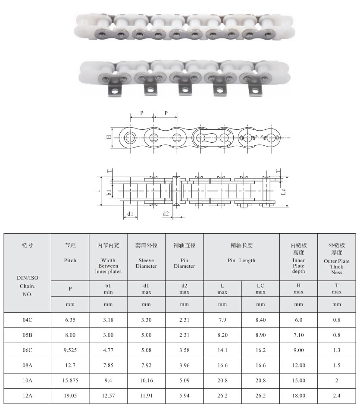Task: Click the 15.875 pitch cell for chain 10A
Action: [x=70, y=381]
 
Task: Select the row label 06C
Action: [x=27, y=350]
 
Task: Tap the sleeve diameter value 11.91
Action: [x=146, y=396]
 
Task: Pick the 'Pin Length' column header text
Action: [x=241, y=260]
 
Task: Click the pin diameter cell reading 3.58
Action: [x=184, y=350]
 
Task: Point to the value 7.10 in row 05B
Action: [x=298, y=335]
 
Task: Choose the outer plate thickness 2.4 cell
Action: [x=337, y=396]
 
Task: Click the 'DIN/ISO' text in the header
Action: [x=27, y=278]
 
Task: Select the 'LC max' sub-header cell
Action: [x=260, y=288]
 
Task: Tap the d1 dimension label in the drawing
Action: [x=130, y=213]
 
